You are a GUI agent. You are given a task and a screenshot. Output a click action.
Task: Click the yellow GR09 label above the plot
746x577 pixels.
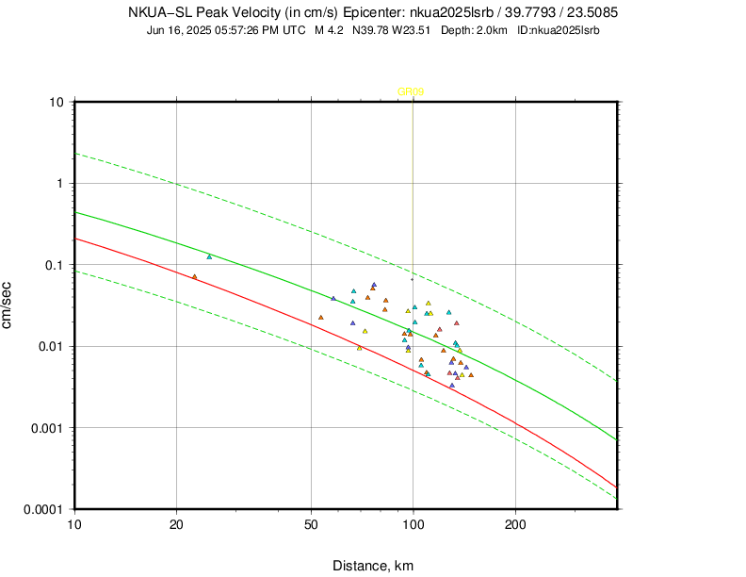pyautogui.click(x=411, y=92)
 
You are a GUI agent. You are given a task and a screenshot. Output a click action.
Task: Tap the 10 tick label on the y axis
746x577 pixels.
pyautogui.click(x=56, y=102)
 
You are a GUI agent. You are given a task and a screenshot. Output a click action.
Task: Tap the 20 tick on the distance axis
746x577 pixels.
pyautogui.click(x=176, y=522)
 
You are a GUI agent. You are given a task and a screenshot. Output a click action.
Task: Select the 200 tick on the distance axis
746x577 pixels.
pyautogui.click(x=515, y=522)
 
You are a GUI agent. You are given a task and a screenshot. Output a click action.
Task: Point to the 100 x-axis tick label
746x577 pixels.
pyautogui.click(x=413, y=522)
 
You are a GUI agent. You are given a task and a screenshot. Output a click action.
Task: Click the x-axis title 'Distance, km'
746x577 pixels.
pyautogui.click(x=373, y=566)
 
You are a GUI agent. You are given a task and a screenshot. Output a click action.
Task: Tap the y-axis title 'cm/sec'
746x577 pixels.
pyautogui.click(x=9, y=305)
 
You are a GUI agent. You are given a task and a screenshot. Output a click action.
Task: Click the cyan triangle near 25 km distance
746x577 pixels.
pyautogui.click(x=209, y=256)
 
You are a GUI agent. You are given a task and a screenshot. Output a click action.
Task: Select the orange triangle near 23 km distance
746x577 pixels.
pyautogui.click(x=195, y=276)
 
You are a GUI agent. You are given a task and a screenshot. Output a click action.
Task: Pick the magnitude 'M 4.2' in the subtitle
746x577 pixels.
pyautogui.click(x=329, y=30)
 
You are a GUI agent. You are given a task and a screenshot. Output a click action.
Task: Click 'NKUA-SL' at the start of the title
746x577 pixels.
pyautogui.click(x=155, y=13)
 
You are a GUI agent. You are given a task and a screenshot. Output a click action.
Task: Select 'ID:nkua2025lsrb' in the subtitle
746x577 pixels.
pyautogui.click(x=559, y=30)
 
